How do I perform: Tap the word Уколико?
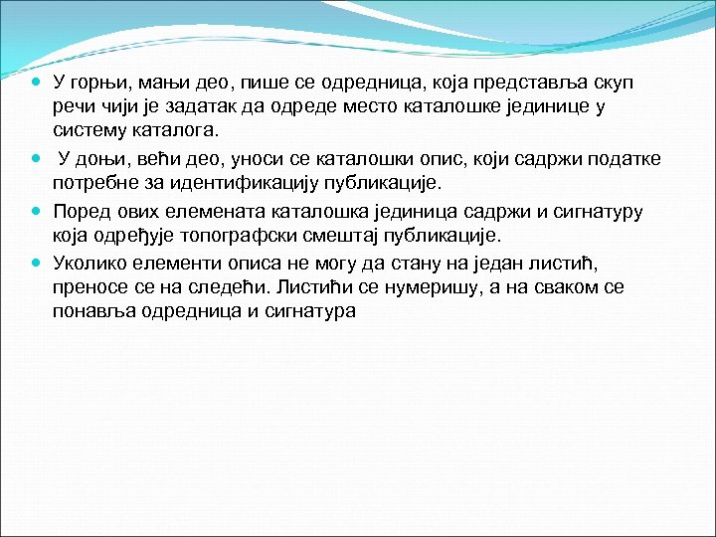pos(92,262)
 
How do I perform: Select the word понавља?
pos(95,311)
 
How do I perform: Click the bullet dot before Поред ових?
pos(36,210)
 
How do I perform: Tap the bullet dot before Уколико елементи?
pos(36,262)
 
